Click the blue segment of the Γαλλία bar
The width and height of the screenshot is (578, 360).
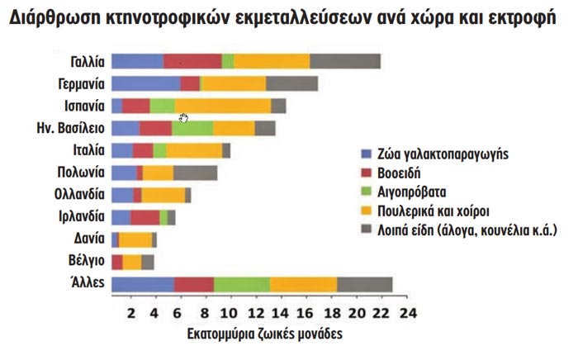(137, 60)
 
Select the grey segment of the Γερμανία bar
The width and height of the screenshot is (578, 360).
(291, 83)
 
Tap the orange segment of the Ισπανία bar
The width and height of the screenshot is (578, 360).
(223, 105)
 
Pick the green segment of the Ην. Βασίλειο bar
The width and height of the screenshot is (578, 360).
(192, 127)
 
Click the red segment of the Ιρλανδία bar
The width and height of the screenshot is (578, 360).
(144, 216)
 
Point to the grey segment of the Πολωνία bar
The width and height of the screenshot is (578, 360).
(196, 172)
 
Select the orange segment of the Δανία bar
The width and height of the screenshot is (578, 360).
(135, 239)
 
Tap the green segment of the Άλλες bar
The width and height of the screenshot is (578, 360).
(242, 284)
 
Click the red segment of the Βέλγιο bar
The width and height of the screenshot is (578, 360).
(117, 262)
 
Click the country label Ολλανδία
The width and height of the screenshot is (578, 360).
(79, 195)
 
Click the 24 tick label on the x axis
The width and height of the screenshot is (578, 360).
(407, 314)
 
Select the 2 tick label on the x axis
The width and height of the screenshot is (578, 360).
(131, 314)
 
